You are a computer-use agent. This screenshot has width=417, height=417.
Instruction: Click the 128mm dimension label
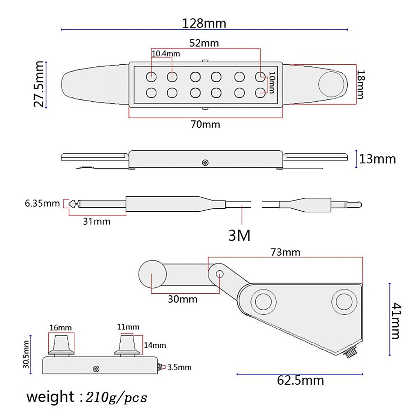pos(204,23)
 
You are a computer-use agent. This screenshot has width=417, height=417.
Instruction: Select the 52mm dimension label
pos(204,43)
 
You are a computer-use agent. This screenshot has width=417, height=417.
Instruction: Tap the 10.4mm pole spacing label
pos(166,54)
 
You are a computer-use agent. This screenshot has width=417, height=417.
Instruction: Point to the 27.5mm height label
pos(39,84)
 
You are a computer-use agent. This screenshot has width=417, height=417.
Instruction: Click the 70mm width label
pos(205,124)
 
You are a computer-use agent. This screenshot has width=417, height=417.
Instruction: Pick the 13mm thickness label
pos(377,159)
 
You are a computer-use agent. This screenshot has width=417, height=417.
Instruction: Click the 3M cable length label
pos(239,236)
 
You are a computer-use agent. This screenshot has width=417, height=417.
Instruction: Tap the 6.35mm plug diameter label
pos(42,203)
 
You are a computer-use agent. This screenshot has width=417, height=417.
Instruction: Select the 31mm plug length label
pos(96,221)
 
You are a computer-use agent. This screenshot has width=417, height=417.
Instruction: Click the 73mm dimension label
pos(285,252)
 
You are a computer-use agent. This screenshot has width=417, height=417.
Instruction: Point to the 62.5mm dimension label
pos(300,381)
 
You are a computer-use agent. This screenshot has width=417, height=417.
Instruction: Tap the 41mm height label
pos(396,320)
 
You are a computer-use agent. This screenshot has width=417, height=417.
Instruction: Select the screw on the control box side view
pos(96,369)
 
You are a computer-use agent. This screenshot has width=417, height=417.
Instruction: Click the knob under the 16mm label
pos(61,344)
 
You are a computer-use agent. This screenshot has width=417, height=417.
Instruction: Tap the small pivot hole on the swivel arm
pos(219,274)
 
